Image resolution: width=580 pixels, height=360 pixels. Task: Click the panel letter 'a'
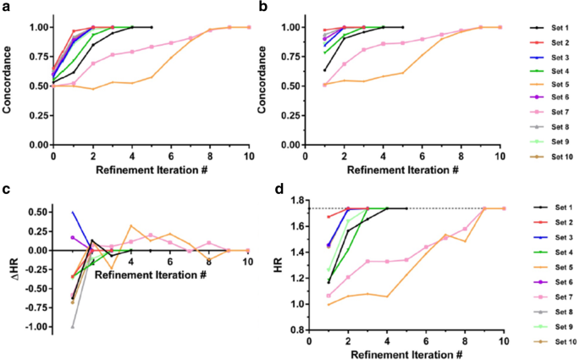pos(5,7)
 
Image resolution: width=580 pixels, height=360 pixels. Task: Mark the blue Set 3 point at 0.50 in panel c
pos(73,213)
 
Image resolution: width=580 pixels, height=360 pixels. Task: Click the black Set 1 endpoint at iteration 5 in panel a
pos(152,27)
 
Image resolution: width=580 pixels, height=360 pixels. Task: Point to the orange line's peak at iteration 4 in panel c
pos(131,225)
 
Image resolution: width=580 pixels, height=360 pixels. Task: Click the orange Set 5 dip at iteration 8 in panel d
pos(465,241)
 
